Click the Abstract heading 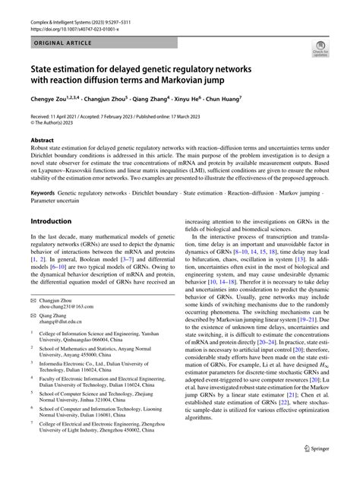point(41,141)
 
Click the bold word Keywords point(43,194)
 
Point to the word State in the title point(45,68)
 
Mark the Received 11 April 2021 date point(62,115)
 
